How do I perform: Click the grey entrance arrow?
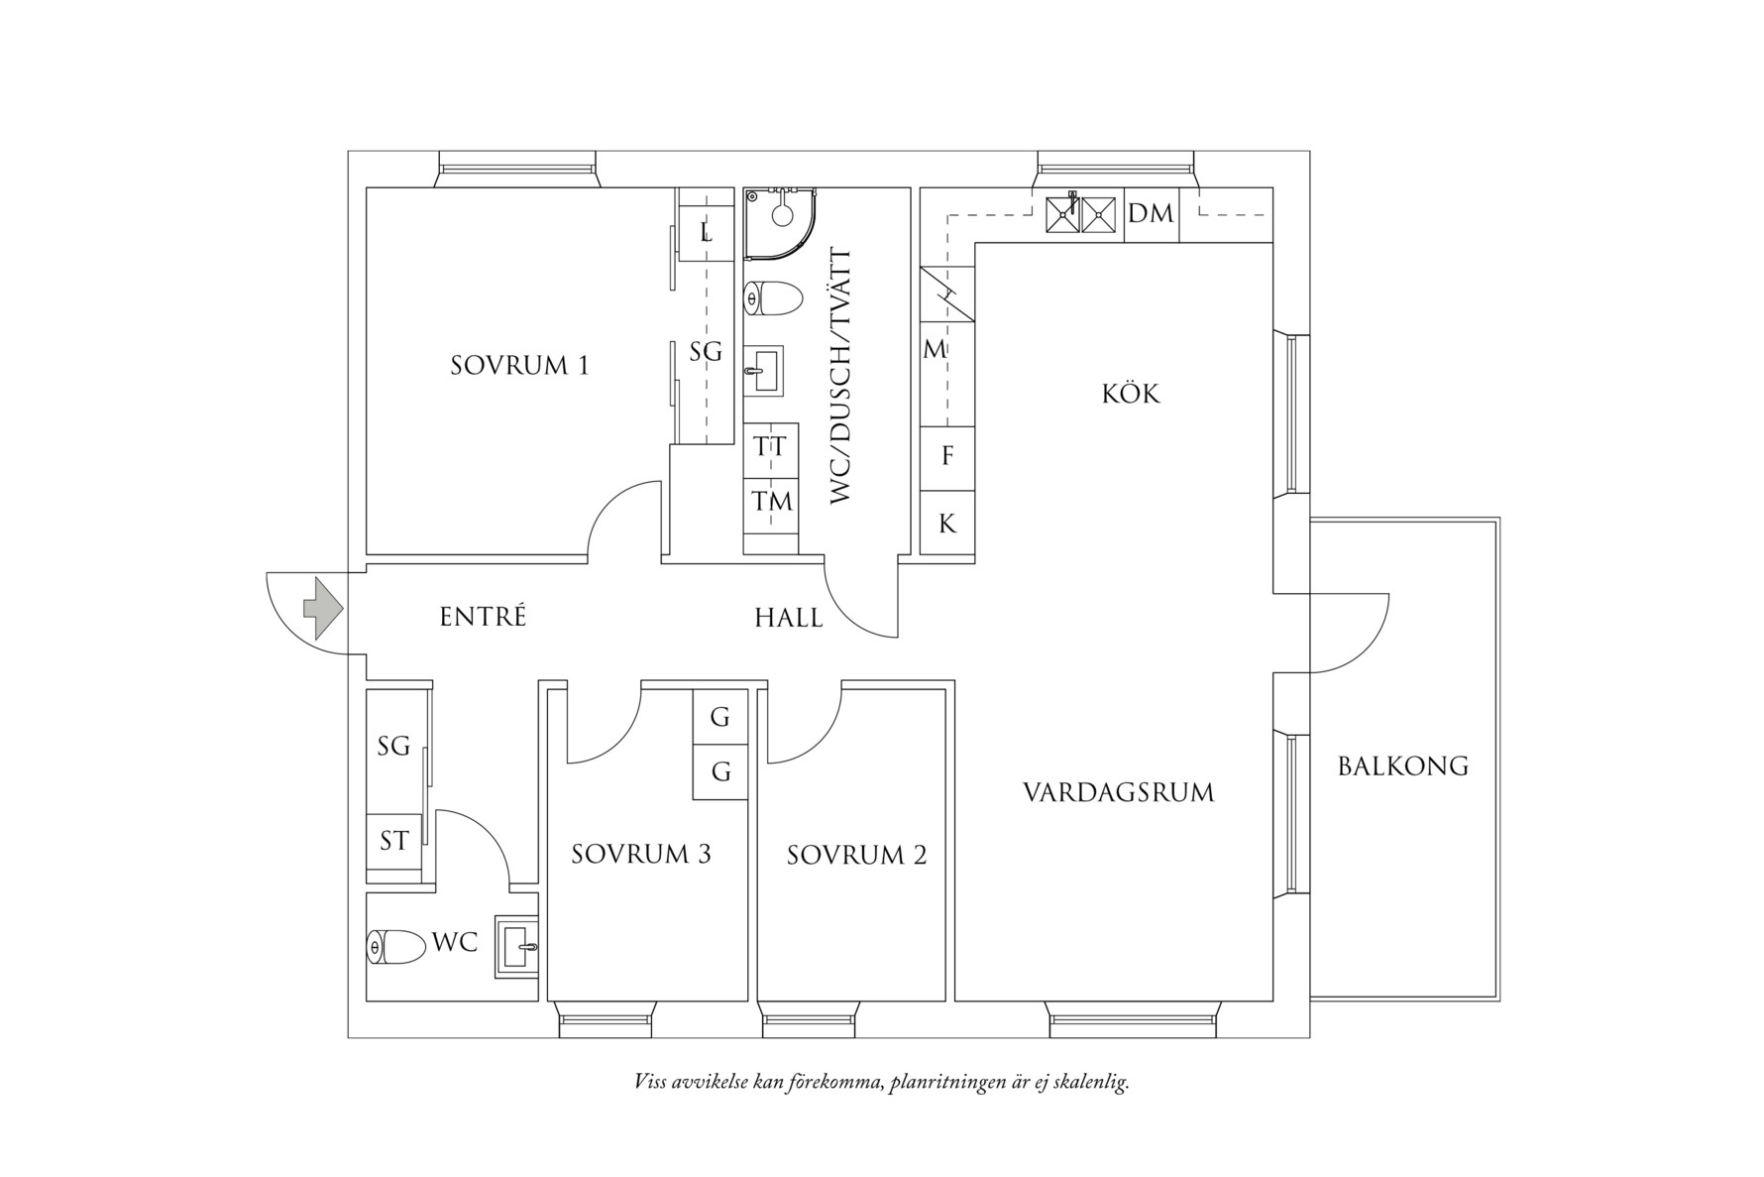click(323, 607)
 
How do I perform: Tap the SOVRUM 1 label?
click(519, 366)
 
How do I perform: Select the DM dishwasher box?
click(1151, 214)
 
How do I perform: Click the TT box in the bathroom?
click(770, 448)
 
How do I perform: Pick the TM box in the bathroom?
click(770, 502)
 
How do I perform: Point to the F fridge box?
click(947, 456)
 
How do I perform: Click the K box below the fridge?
click(947, 524)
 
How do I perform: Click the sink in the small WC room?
click(516, 947)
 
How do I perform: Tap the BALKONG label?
click(1402, 766)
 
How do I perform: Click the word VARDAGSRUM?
click(1118, 793)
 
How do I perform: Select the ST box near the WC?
click(393, 842)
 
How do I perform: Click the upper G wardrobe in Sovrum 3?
click(720, 717)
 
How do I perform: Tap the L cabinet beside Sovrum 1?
click(706, 234)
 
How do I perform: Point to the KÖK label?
click(1130, 395)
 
